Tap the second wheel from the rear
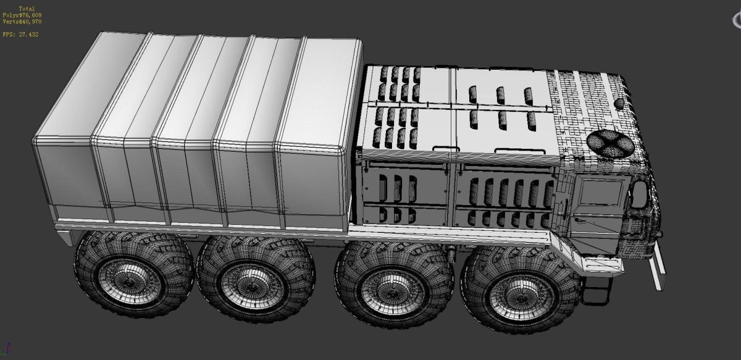click(256, 278)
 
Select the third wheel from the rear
click(394, 285)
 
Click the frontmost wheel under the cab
click(520, 290)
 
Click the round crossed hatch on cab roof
click(610, 144)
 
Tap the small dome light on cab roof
click(619, 104)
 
